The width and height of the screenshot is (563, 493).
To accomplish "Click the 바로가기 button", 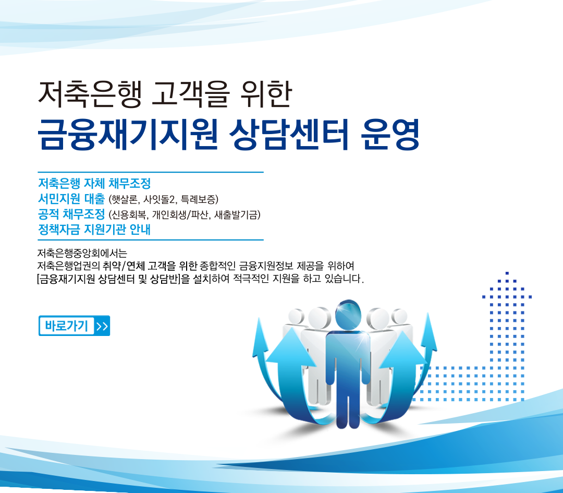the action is click(74, 326).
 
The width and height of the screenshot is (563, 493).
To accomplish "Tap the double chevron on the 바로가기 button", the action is click(102, 326).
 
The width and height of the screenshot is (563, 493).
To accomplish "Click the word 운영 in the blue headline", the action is click(390, 135).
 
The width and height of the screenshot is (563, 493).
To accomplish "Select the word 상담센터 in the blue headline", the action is click(289, 135).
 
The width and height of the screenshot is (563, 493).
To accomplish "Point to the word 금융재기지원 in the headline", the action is click(128, 135).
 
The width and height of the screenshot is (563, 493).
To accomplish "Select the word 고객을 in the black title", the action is click(190, 94).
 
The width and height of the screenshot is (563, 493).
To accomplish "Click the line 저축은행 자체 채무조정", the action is click(94, 184).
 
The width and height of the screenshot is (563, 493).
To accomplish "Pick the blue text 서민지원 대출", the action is click(71, 199).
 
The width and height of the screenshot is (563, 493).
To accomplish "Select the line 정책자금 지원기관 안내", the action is click(94, 230).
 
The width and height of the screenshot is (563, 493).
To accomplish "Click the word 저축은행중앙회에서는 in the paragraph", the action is click(82, 254).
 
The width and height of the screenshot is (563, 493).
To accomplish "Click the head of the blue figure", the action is click(348, 314).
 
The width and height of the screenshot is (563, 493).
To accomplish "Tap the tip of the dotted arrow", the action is click(507, 273).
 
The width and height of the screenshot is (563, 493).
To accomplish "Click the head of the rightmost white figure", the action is click(399, 317).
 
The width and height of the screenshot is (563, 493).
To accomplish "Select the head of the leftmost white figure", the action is click(296, 317).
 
